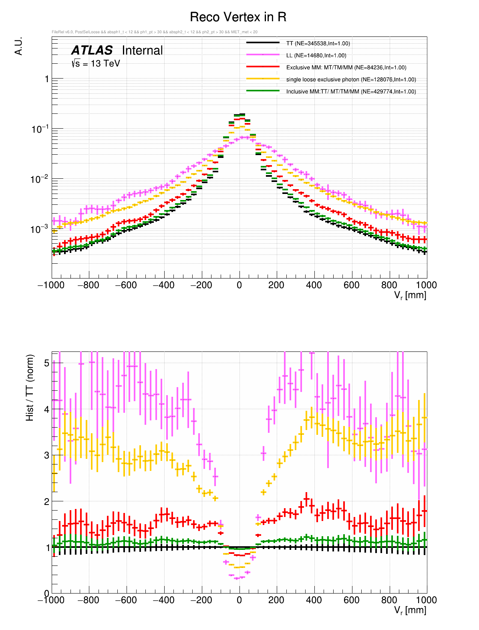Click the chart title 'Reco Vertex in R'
238,17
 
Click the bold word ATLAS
92,50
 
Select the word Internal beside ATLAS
142,50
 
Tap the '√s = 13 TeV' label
96,63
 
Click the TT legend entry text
318,43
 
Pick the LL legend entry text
316,55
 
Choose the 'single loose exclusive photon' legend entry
351,79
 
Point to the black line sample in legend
263,43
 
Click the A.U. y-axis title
18,46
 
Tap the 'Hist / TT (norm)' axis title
30,388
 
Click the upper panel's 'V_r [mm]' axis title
410,296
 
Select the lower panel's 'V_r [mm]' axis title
410,610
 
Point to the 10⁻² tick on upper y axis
39,179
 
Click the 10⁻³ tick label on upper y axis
39,229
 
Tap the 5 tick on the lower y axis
46,363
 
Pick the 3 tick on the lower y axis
46,455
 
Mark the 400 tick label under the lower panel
314,600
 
